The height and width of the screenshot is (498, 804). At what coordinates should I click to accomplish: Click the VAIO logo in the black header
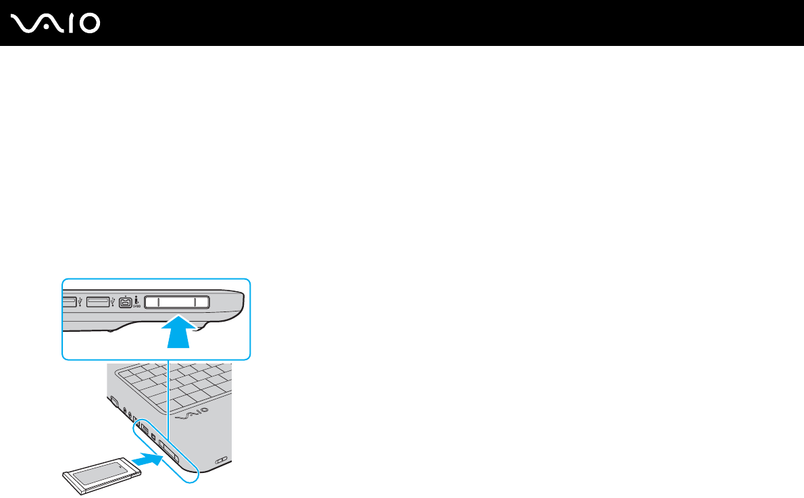point(56,24)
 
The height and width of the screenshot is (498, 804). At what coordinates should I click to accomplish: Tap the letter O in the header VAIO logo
point(89,24)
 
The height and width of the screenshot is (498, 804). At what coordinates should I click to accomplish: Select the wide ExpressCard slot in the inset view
point(176,302)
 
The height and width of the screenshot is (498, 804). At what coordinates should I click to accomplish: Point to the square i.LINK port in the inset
point(126,303)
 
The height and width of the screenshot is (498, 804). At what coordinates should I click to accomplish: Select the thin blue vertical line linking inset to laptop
point(168,395)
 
